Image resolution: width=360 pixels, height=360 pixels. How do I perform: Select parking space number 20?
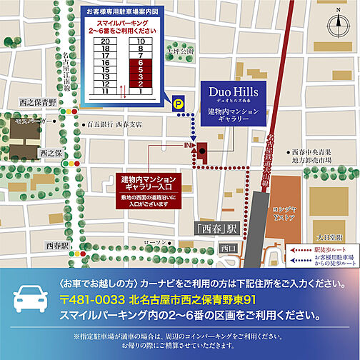[x=105, y=41]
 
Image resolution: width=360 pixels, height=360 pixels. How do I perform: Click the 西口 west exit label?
[x=228, y=248]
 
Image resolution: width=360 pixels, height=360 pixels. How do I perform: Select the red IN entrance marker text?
[x=189, y=146]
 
